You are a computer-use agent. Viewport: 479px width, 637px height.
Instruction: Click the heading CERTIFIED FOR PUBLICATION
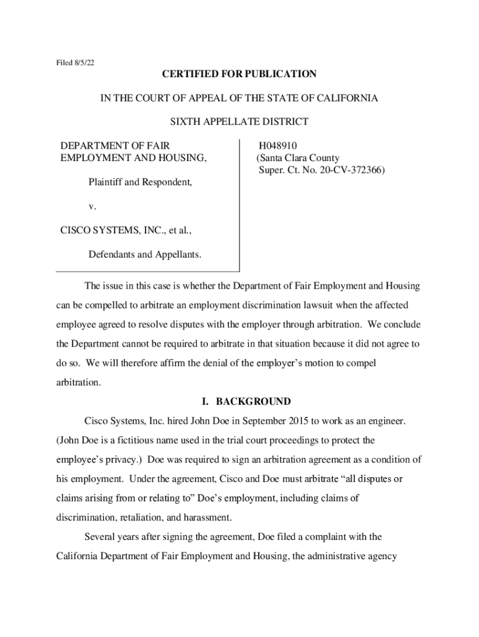[240, 75]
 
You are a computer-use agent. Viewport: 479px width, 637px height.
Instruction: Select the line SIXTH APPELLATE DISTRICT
[240, 122]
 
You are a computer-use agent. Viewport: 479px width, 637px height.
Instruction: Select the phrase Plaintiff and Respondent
[141, 183]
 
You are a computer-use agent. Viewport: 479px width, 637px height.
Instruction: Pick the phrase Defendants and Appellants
[144, 255]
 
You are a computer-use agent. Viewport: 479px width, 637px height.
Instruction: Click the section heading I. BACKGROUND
[240, 401]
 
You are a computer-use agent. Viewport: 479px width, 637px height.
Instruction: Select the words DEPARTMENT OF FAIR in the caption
[114, 146]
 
